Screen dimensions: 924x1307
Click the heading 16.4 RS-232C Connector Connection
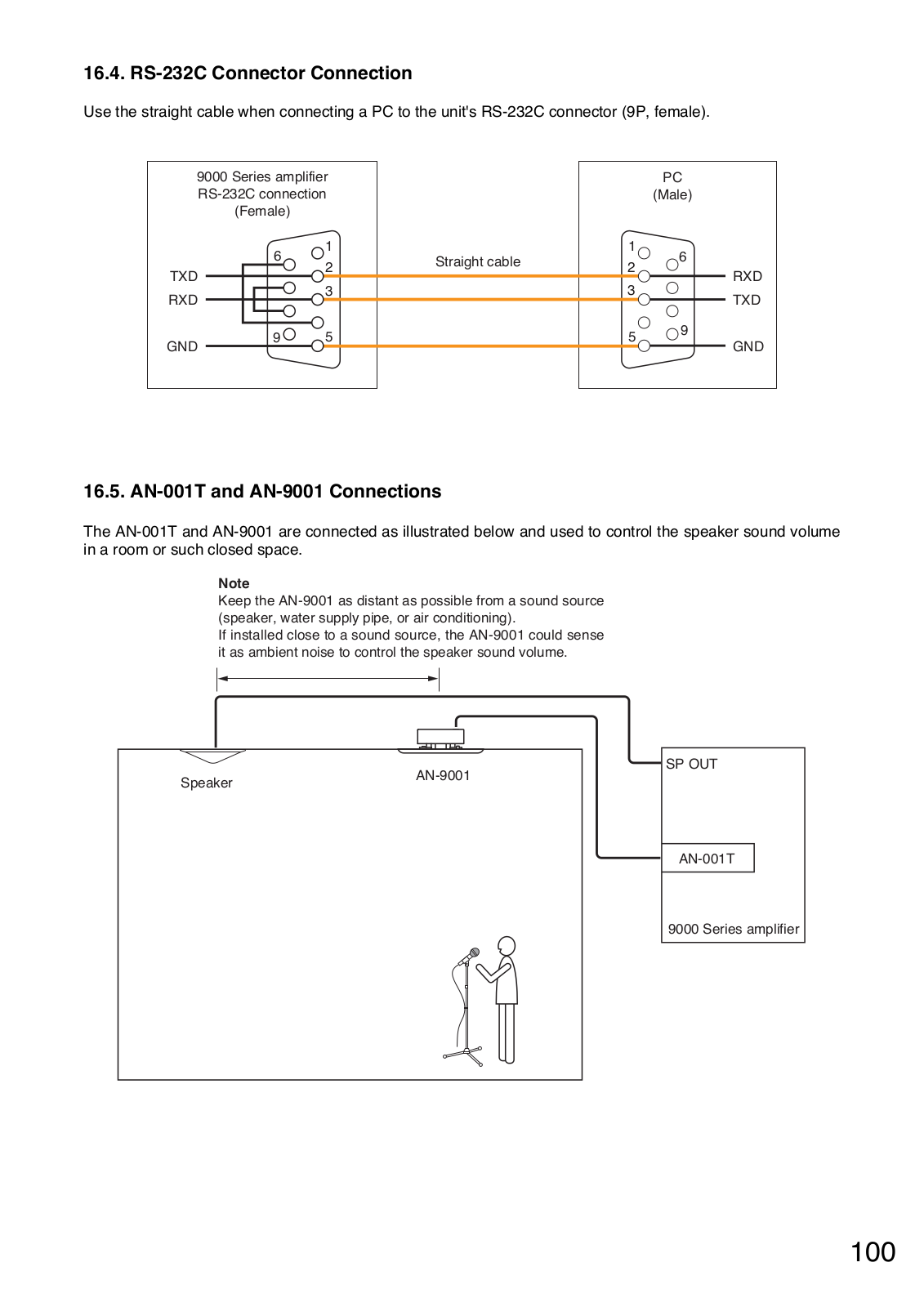click(x=248, y=73)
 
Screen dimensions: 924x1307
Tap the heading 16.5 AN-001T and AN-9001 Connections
click(x=262, y=491)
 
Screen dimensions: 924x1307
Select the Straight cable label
click(x=477, y=261)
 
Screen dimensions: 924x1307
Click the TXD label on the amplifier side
click(x=183, y=276)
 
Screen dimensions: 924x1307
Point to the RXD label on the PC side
click(x=748, y=276)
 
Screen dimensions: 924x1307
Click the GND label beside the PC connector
click(x=748, y=346)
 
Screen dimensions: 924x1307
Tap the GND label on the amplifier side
click(x=182, y=346)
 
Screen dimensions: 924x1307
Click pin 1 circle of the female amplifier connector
click(x=318, y=253)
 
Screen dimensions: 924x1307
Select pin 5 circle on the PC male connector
click(x=644, y=346)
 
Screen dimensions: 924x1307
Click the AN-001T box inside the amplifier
click(x=708, y=858)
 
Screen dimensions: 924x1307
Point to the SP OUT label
click(x=691, y=764)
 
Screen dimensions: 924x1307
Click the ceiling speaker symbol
click(x=212, y=756)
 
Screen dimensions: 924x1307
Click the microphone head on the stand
click(x=473, y=952)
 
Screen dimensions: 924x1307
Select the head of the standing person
click(x=507, y=946)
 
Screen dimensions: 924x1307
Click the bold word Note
click(x=234, y=583)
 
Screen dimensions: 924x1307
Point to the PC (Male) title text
click(x=672, y=185)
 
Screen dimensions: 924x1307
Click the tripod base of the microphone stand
click(x=464, y=1055)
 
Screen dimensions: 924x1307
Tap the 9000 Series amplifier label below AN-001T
click(x=733, y=929)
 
